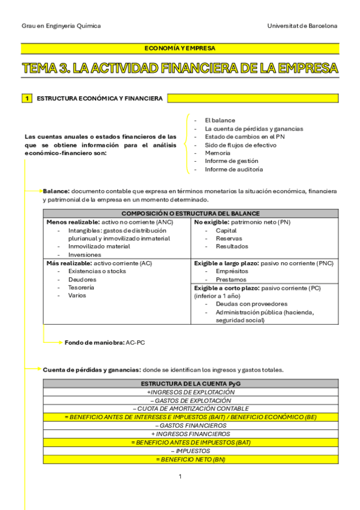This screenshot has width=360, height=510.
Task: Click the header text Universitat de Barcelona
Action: [x=302, y=26]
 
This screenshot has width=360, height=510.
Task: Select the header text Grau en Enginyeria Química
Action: [x=61, y=26]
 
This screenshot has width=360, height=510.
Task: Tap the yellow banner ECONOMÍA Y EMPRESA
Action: [x=180, y=48]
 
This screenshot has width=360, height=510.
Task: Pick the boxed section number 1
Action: [x=27, y=98]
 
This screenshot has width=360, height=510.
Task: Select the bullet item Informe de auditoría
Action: [x=233, y=170]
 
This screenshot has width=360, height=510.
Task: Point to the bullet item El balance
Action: [x=219, y=120]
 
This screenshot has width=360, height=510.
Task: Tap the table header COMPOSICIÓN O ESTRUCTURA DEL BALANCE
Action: [x=191, y=214]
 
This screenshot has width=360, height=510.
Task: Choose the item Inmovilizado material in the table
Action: [x=99, y=246]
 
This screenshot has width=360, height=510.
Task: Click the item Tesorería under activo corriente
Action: [x=81, y=287]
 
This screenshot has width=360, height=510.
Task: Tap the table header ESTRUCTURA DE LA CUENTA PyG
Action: [x=190, y=383]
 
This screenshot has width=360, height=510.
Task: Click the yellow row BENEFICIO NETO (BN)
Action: [x=191, y=459]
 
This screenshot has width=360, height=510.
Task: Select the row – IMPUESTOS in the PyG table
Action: [x=190, y=450]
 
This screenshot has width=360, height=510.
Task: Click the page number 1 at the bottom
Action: [x=180, y=476]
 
